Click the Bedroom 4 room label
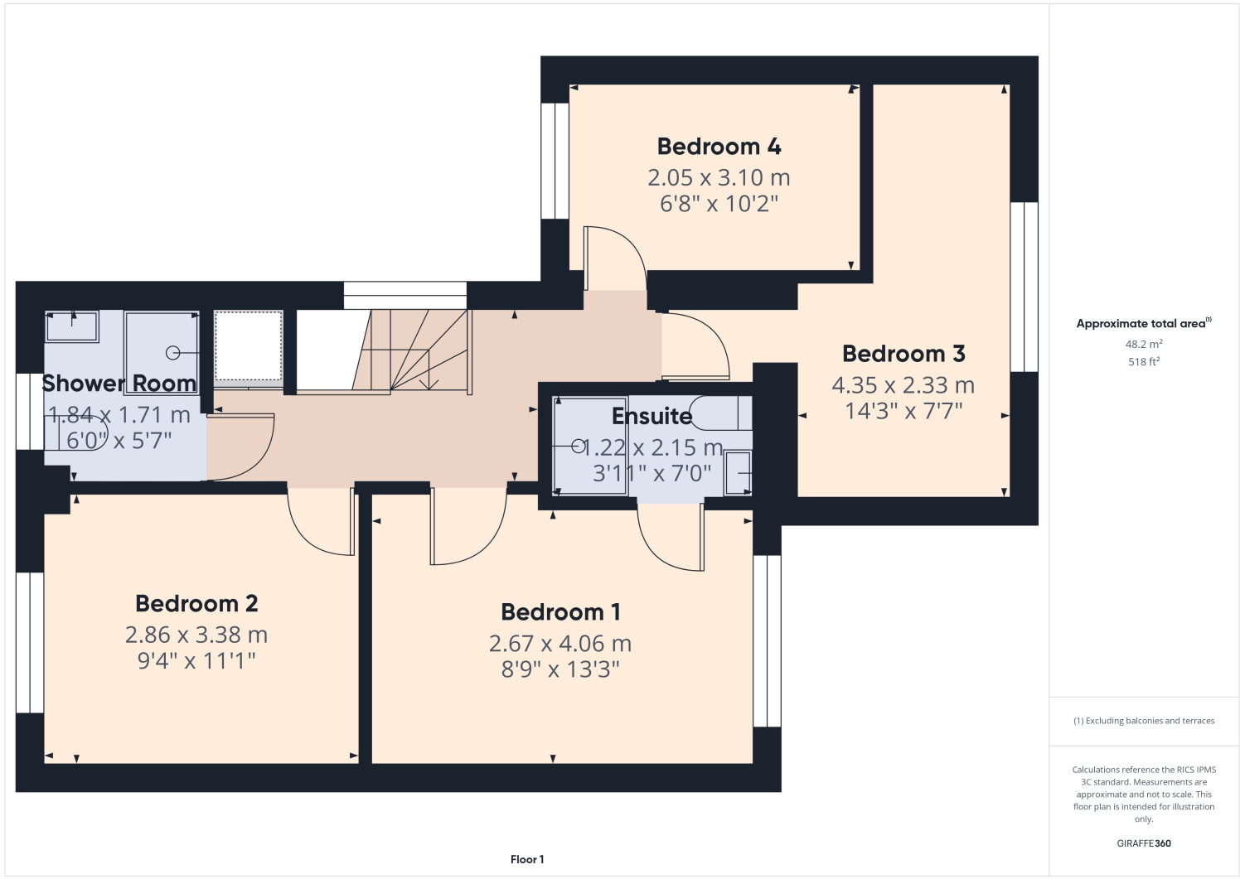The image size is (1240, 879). point(719,147)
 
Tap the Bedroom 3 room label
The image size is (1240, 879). point(903,354)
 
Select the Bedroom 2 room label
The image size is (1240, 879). point(196,604)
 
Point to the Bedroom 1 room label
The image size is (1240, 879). point(560,612)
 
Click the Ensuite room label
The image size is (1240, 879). point(651,416)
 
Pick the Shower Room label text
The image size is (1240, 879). point(119,384)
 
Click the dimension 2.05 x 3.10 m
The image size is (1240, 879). point(719,177)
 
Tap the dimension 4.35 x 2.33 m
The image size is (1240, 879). point(903,385)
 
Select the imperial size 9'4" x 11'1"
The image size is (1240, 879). point(196,661)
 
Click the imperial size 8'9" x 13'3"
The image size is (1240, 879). point(560,669)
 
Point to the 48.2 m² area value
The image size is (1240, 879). point(1143,344)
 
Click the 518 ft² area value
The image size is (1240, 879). point(1143,362)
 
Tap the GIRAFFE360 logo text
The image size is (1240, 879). point(1144,843)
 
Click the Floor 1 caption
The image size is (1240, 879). point(527,859)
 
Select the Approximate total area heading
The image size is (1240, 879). point(1143,324)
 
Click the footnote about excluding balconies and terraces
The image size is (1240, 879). point(1144,721)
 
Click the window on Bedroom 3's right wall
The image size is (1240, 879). point(1024,287)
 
